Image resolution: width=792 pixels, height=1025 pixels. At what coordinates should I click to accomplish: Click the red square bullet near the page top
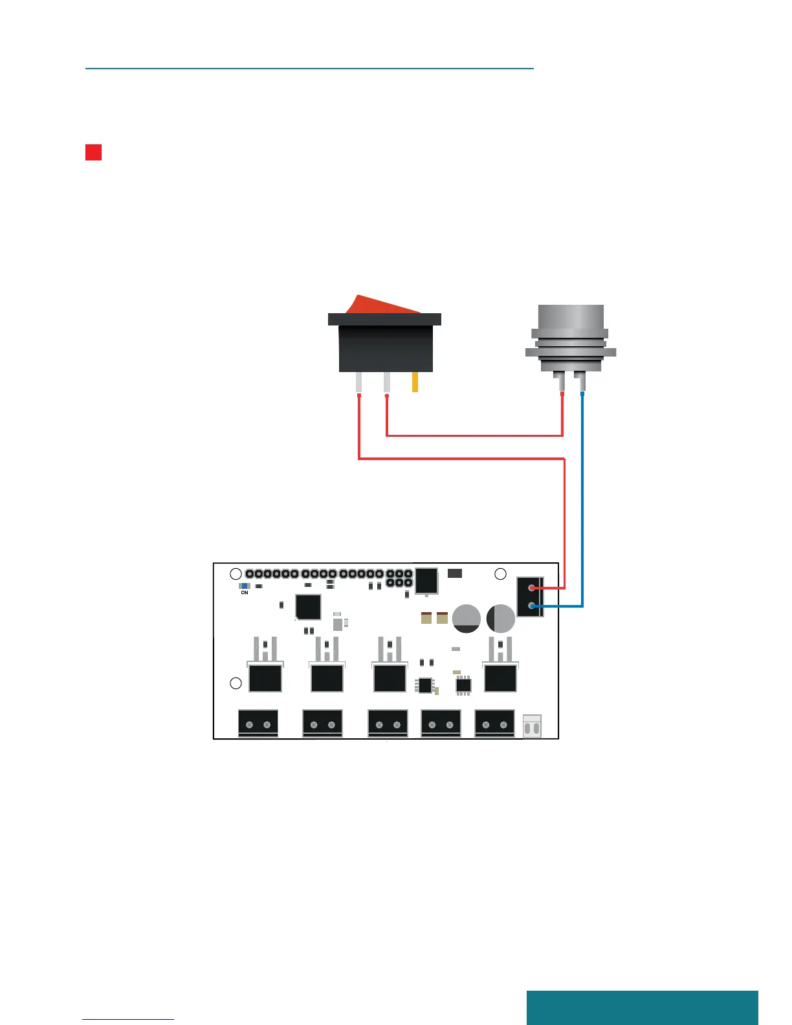click(93, 152)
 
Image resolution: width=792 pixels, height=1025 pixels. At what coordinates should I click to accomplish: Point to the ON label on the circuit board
click(244, 593)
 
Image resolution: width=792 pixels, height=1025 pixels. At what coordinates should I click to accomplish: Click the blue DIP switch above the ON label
click(244, 586)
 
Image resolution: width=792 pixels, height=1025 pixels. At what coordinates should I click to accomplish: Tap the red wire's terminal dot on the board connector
click(532, 588)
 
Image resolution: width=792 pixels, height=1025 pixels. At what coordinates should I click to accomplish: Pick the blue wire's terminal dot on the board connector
click(532, 606)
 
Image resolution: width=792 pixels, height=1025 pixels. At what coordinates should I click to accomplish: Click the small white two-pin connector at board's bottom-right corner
click(532, 727)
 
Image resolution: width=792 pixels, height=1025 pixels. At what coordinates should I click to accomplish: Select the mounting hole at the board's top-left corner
click(236, 574)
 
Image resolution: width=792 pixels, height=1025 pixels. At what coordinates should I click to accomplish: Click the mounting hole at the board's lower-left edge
click(236, 683)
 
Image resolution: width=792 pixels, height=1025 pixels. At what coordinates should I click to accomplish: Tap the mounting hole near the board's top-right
click(500, 574)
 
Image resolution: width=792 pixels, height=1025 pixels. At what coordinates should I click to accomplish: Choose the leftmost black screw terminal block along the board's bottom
click(258, 723)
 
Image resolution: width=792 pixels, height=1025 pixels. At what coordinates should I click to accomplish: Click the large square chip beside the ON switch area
click(308, 607)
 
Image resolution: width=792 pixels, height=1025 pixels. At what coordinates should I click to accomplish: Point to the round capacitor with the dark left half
click(500, 619)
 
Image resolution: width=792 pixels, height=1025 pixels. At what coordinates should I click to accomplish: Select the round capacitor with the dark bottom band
click(466, 619)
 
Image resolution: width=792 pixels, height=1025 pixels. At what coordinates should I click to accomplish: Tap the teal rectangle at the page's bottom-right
click(642, 1007)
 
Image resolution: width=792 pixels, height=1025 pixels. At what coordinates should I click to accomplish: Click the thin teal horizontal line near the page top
click(309, 67)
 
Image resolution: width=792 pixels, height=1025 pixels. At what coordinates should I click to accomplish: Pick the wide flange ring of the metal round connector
click(570, 353)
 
